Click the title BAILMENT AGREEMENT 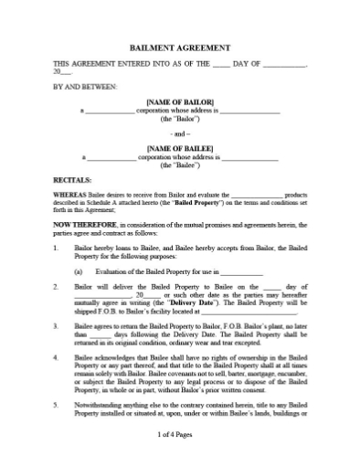click(179, 48)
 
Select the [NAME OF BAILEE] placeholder click(179, 148)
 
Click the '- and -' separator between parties click(179, 132)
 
